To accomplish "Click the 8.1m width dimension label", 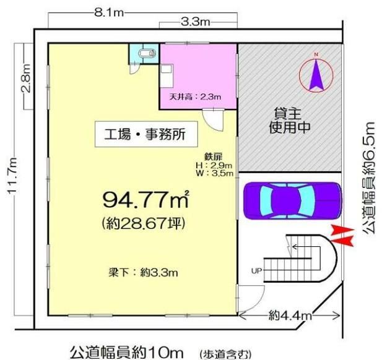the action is [109, 12].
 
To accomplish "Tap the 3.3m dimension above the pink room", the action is [196, 22].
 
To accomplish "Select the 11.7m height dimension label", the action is [12, 175].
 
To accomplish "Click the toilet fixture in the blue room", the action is [147, 53].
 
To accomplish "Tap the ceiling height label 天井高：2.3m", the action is [196, 97].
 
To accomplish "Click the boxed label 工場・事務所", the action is [146, 134].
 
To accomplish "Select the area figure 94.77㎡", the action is [146, 199].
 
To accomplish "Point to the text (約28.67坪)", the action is [144, 223].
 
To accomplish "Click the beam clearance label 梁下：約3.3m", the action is [143, 273].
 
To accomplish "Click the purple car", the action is [293, 201].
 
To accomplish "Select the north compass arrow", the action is [316, 75].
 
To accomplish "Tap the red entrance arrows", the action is [342, 236].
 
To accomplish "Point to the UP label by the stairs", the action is [256, 270].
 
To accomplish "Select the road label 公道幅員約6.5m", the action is [368, 178].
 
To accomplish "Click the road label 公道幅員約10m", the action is [126, 352].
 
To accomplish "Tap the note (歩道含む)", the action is [225, 353].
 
